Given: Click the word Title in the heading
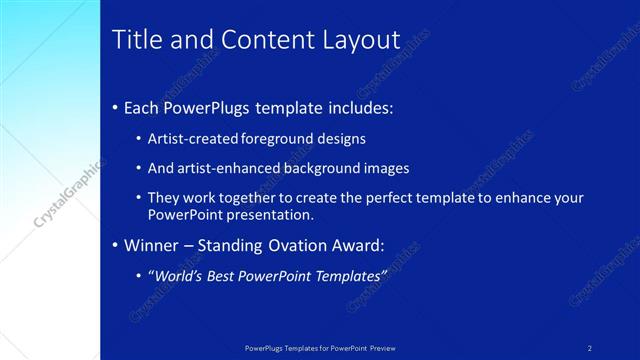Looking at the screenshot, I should (134, 40).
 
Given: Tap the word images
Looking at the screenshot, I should (386, 168).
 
